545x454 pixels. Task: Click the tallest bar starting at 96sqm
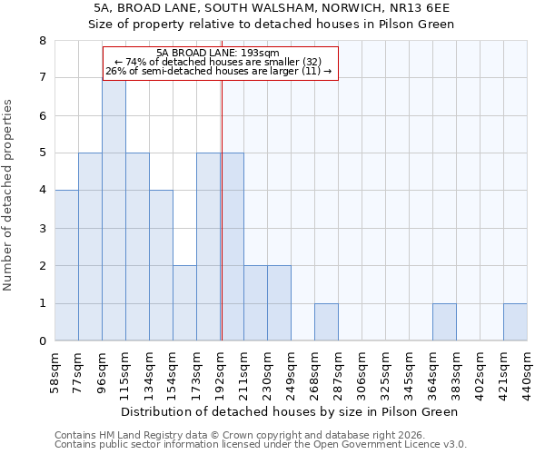(114, 210)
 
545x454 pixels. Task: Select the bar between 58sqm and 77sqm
(66, 265)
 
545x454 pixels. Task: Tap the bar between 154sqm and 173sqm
(184, 303)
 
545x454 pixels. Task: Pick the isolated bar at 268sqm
(326, 322)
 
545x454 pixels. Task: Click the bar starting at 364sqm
(444, 322)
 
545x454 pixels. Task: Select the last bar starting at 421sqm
(515, 322)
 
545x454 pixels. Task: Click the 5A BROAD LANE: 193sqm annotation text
(218, 54)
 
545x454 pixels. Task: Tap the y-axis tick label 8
(42, 41)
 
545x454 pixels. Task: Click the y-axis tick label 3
(42, 229)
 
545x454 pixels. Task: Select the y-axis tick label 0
(42, 341)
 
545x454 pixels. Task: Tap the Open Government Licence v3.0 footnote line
(261, 445)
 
